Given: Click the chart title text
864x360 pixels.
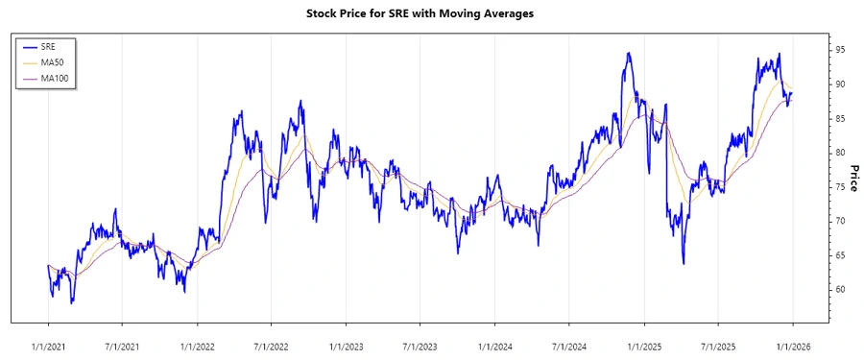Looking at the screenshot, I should (x=432, y=13).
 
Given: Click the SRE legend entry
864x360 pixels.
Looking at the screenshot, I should (x=47, y=46).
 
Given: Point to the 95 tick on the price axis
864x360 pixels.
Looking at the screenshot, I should (x=839, y=49).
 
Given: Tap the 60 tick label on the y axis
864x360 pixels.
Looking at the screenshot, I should (x=839, y=289).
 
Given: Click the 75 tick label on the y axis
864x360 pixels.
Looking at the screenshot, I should (x=839, y=186).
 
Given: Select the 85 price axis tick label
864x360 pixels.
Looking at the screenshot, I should (x=839, y=118).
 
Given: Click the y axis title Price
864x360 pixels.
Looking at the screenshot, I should (x=853, y=178).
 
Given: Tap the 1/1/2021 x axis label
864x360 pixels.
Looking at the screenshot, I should (x=47, y=346).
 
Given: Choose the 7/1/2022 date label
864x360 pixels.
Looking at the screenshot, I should (x=271, y=346).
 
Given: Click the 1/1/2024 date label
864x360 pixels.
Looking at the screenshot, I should (x=494, y=346).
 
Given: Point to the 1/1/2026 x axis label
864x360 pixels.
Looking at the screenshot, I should (x=792, y=346).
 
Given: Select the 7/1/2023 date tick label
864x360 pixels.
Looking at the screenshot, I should (x=420, y=346).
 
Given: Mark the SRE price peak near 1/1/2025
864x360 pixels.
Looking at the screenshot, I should (x=628, y=53).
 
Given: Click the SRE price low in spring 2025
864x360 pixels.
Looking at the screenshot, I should (x=684, y=263).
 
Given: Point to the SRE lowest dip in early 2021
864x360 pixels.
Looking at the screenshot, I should (x=72, y=303).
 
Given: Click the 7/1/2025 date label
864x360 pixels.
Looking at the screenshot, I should (x=717, y=346).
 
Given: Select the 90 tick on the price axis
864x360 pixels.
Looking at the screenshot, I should (x=839, y=84).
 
